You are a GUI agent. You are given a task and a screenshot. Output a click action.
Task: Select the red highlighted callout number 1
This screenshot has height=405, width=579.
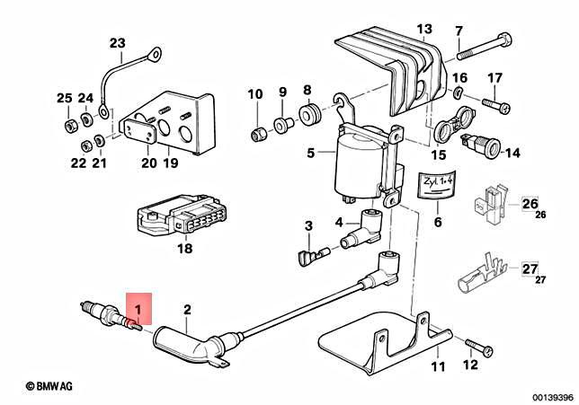[138, 309]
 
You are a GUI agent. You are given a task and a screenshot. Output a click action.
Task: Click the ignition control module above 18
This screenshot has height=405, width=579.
[182, 215]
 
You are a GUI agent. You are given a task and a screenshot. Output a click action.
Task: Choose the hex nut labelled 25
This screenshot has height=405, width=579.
[70, 126]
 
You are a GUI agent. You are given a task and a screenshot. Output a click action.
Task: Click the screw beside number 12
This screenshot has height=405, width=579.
[478, 348]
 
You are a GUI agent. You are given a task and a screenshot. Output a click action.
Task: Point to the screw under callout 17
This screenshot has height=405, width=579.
[496, 104]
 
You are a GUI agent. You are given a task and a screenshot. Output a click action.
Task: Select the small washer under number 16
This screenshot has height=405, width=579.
[457, 92]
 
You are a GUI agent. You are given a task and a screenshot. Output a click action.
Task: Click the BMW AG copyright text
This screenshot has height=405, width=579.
[49, 386]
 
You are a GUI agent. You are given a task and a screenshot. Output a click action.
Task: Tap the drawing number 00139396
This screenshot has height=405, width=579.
[553, 397]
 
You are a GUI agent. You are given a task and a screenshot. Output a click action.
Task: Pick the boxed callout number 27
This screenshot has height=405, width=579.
[530, 269]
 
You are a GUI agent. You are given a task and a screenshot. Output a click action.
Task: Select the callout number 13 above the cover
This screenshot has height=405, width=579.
[424, 29]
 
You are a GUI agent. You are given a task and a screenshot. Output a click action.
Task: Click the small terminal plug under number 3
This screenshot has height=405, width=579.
[313, 256]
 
